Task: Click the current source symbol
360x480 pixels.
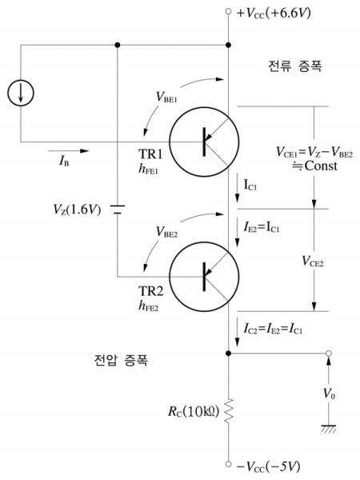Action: click(21, 93)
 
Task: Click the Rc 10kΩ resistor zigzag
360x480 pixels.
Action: click(229, 411)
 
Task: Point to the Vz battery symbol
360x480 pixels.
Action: click(118, 210)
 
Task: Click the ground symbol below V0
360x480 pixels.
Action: click(329, 429)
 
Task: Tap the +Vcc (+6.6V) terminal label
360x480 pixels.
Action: click(274, 13)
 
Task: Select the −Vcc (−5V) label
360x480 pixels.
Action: click(269, 466)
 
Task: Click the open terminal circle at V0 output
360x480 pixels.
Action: click(329, 354)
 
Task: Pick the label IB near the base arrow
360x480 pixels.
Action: click(64, 161)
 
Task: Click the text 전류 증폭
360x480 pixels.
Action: click(294, 66)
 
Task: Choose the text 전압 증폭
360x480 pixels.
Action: click(121, 360)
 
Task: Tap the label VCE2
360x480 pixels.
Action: click(313, 262)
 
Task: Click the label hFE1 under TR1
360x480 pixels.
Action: click(148, 170)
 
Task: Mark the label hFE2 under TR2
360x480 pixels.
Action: click(149, 306)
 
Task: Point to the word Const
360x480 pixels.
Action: click(321, 166)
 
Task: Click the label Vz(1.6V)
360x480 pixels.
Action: click(77, 210)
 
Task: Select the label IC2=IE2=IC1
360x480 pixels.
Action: click(273, 329)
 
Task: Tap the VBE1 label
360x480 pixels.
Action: click(167, 98)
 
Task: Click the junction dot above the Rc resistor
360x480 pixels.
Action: click(228, 354)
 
